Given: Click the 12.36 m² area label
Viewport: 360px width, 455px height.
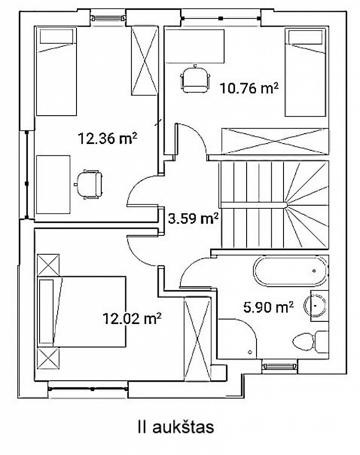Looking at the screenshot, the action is [108, 138].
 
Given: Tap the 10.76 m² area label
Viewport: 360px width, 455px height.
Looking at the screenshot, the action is [249, 88].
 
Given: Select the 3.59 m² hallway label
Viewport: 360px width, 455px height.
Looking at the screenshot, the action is [193, 218].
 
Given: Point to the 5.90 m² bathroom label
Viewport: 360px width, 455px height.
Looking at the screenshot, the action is [268, 307].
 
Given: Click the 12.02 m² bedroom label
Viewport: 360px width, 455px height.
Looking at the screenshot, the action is [132, 318].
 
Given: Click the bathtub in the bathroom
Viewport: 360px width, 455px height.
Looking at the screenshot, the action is [291, 271].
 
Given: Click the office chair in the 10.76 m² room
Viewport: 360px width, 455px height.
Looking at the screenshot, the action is [195, 79].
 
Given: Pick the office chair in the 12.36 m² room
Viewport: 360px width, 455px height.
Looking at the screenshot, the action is [89, 184].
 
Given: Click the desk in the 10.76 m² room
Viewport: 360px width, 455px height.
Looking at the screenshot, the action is [195, 46].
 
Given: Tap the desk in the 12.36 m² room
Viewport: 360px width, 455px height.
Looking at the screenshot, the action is [54, 185].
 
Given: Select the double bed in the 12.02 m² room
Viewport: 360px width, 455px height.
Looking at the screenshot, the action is [81, 311].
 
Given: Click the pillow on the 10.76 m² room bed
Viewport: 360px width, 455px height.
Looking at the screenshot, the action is [306, 37].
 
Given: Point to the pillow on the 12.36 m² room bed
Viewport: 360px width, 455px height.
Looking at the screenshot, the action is [56, 36].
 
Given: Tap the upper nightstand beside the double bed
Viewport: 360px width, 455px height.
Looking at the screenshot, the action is [48, 265].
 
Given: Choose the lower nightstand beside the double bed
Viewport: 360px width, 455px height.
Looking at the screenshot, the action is [48, 358].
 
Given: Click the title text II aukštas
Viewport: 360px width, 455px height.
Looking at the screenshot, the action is [176, 427].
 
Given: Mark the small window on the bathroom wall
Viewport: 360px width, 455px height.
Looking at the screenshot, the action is [279, 367].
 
